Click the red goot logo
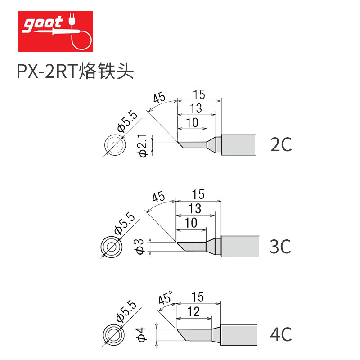tap(55, 31)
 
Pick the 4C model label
tap(281, 334)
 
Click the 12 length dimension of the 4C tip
tap(194, 311)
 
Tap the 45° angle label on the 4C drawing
tap(165, 298)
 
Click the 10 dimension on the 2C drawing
tap(192, 122)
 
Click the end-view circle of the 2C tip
tap(115, 144)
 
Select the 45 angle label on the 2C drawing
tap(158, 98)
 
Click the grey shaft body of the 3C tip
tap(240, 246)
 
